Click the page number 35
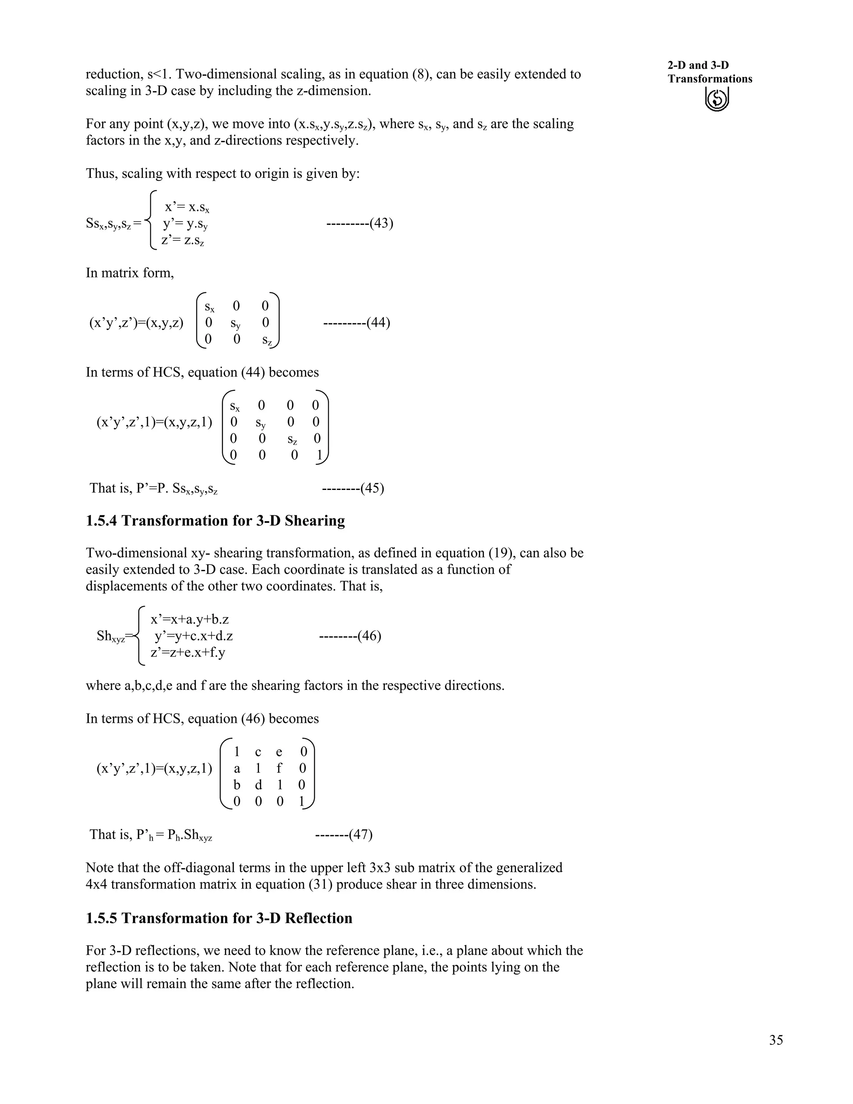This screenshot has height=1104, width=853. (x=776, y=1040)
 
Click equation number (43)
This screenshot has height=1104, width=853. (x=382, y=223)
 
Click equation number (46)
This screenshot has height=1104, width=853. (x=369, y=635)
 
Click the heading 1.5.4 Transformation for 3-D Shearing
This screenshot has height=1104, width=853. (x=215, y=521)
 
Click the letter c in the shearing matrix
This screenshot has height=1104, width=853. (x=258, y=752)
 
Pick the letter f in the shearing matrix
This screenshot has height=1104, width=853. (x=279, y=768)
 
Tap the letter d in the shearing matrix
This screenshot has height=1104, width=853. (x=258, y=785)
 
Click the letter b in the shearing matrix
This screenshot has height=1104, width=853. (x=237, y=785)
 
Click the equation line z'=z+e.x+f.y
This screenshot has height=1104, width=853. (x=187, y=652)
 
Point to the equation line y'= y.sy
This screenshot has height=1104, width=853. (x=185, y=223)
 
